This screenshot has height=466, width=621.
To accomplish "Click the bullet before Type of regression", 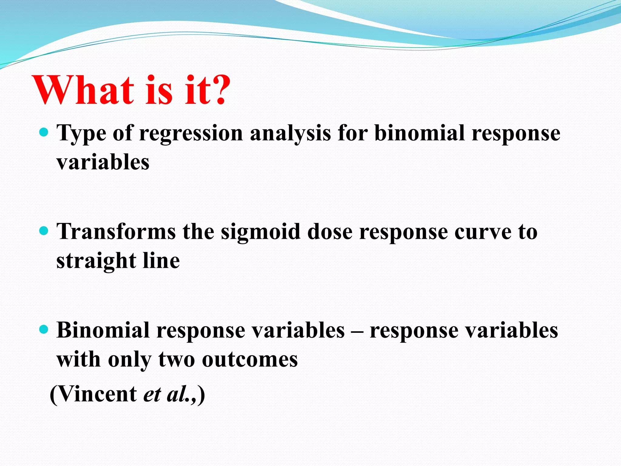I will (x=44, y=133).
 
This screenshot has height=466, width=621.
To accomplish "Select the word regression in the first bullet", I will (x=191, y=133).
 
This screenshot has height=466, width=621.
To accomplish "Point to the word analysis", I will (x=290, y=133).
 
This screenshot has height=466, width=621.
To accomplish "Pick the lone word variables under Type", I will (x=103, y=162).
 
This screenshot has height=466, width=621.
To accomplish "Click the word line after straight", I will (x=161, y=261).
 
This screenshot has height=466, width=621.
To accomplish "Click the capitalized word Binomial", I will (x=103, y=330).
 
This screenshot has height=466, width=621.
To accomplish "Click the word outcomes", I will (x=250, y=360).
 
